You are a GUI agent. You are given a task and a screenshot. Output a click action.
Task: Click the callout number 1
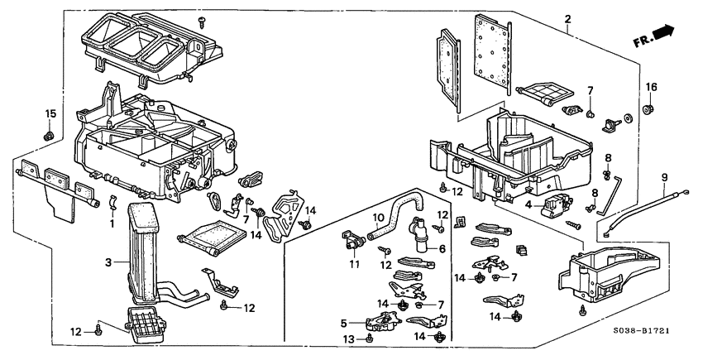(x=111, y=224)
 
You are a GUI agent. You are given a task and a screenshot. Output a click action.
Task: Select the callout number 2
(x=567, y=19)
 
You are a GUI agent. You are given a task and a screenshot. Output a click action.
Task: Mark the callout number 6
(x=442, y=249)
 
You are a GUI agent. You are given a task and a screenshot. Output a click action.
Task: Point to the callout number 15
(x=49, y=113)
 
